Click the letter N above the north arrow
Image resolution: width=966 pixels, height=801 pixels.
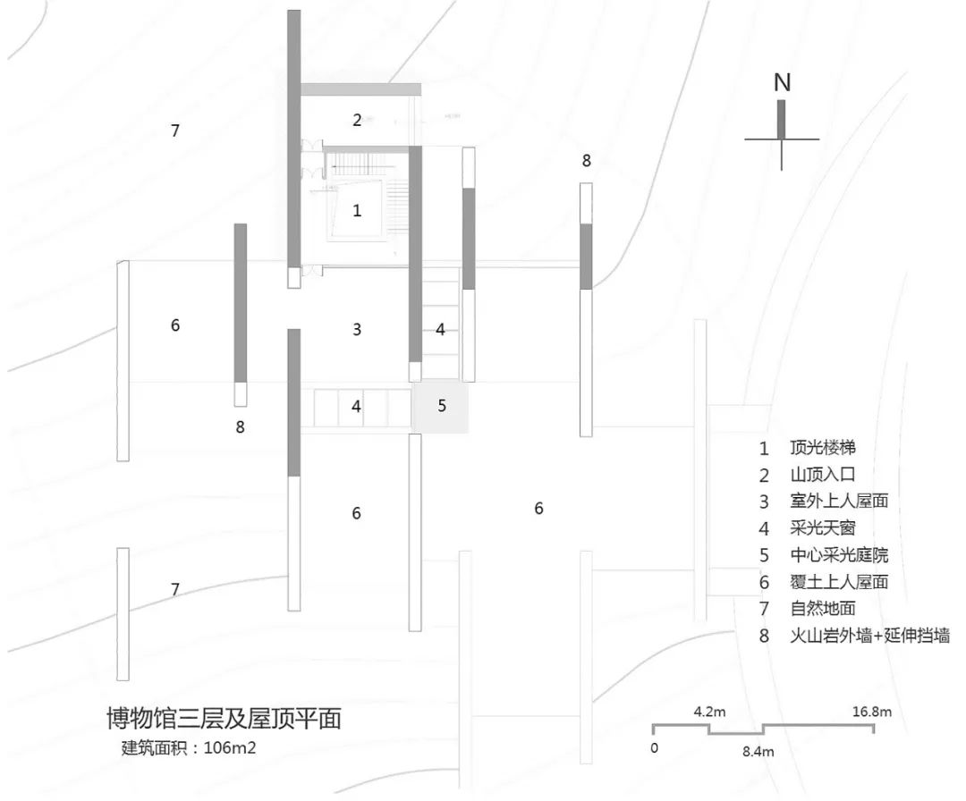[x=782, y=83]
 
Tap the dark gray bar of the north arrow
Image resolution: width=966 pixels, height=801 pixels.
[x=782, y=119]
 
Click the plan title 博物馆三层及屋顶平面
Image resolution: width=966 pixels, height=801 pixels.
[x=224, y=719]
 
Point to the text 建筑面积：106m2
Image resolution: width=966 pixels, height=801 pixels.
[x=189, y=747]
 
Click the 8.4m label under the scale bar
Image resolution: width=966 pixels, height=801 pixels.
[x=759, y=752]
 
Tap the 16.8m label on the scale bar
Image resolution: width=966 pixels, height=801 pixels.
[x=871, y=712]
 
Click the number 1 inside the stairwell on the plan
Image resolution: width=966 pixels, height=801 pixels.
[x=357, y=211]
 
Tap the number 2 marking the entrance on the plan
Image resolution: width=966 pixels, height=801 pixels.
[x=356, y=120]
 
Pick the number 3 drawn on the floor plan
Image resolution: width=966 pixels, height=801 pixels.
[x=357, y=330]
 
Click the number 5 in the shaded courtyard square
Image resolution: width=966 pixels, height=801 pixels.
[x=442, y=405]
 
